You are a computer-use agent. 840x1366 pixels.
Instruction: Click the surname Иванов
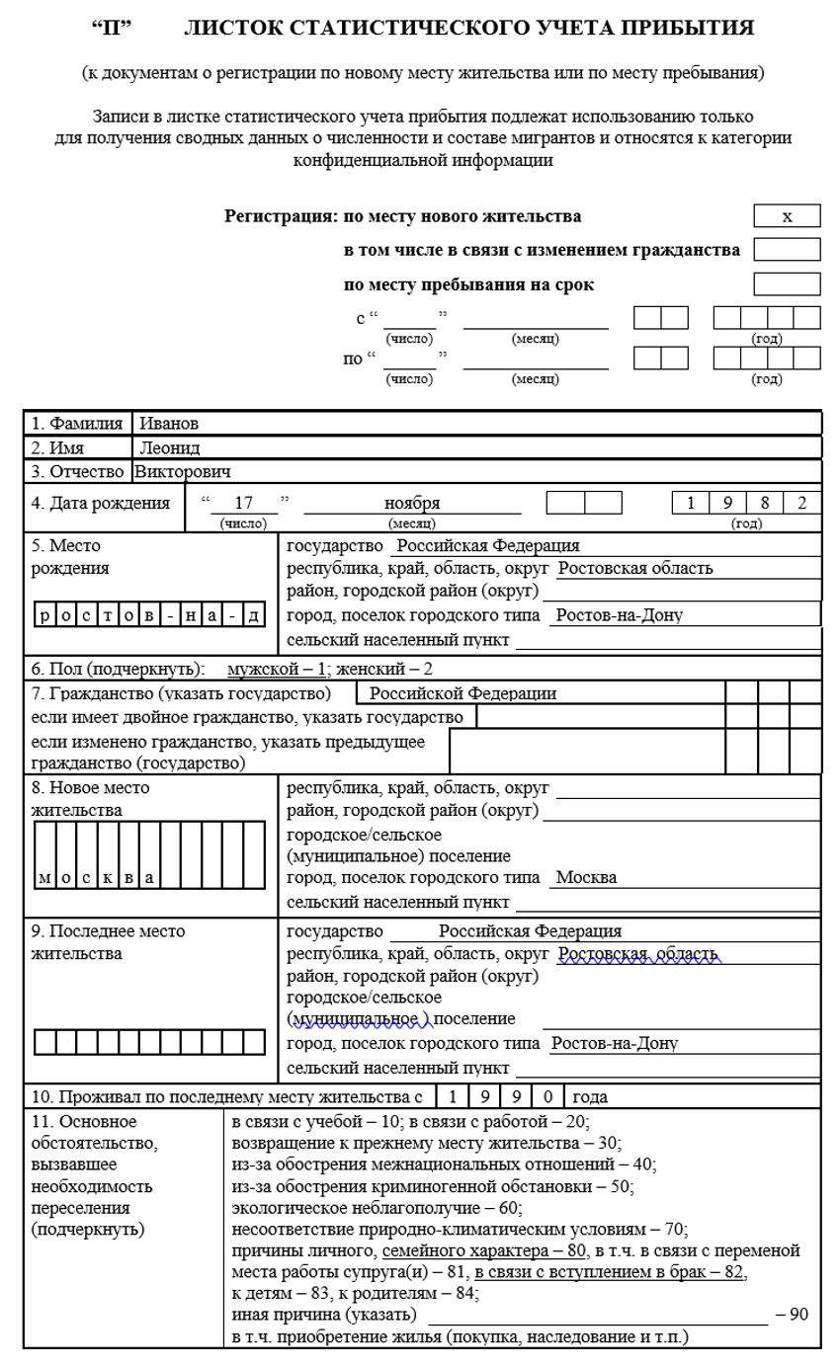169,424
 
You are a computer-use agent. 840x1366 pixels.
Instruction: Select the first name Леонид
169,447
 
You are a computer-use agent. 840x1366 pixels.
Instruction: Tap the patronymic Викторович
183,471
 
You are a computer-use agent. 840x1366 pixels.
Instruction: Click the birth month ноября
412,503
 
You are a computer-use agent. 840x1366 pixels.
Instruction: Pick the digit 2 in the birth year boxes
802,503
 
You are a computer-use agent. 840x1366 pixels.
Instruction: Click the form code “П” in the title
112,28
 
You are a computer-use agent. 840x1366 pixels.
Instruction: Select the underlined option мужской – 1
277,669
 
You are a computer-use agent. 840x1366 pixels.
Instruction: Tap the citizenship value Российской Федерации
462,693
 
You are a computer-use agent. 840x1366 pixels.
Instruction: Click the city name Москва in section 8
586,878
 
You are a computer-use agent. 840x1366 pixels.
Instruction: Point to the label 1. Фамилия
77,424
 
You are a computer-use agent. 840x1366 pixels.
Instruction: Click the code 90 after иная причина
793,1315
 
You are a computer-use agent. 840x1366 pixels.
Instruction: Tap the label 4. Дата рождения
101,503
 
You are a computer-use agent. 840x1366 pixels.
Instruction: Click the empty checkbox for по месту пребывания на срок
787,284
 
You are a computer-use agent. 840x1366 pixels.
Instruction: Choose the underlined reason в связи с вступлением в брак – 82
609,1271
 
